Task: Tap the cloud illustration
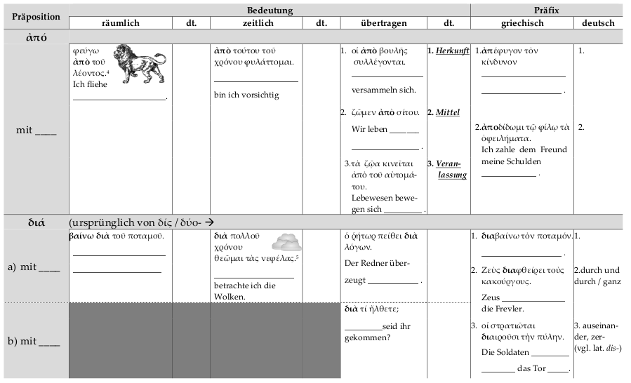(286, 243)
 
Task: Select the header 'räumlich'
(121, 23)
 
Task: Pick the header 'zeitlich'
(256, 23)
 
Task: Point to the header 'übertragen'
(383, 23)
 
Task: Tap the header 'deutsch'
(599, 23)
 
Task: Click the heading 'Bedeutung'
(270, 11)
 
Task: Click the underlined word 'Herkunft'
(452, 51)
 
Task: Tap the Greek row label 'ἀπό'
(36, 37)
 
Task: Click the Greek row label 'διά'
(36, 222)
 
